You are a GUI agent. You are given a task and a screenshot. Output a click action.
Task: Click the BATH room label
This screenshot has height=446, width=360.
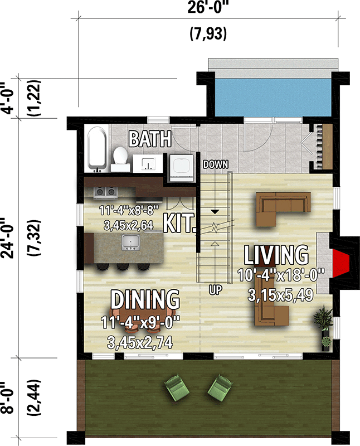click(x=149, y=139)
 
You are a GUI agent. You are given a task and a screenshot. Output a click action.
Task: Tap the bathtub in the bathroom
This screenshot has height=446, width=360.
click(x=96, y=150)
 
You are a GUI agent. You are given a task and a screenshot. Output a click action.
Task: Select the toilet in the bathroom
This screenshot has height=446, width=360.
click(x=119, y=158)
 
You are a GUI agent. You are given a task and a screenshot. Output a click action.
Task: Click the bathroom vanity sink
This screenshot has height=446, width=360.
click(x=148, y=163)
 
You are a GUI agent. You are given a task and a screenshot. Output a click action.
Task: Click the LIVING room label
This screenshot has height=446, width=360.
click(x=276, y=256)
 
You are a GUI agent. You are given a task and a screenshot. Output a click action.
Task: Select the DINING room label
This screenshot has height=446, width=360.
click(x=145, y=299)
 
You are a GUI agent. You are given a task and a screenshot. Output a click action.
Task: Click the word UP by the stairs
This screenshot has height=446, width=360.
click(x=215, y=290)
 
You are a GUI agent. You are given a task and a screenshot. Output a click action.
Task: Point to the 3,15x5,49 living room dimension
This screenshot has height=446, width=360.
click(x=276, y=294)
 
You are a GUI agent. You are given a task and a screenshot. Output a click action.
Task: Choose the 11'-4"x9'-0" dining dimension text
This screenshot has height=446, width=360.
click(x=145, y=323)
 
